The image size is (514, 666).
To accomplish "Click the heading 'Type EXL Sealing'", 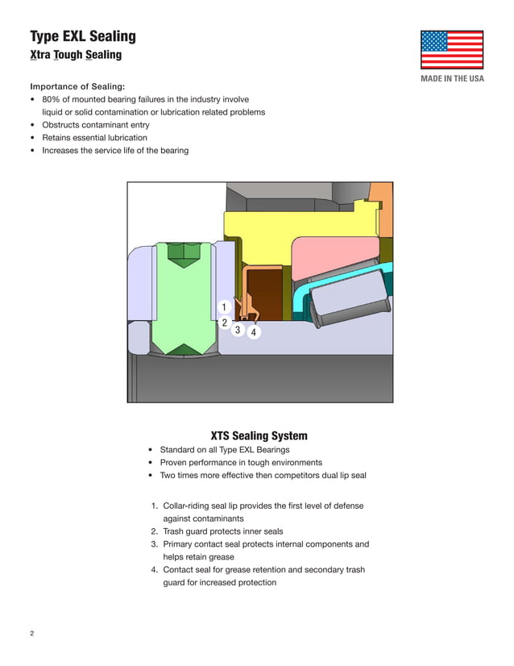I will (x=82, y=36).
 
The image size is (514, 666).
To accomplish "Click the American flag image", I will (x=451, y=50).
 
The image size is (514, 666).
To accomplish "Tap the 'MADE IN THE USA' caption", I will (x=452, y=78).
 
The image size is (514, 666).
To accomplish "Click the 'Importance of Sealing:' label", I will (x=77, y=86).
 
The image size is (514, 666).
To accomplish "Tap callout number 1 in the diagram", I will (x=224, y=307).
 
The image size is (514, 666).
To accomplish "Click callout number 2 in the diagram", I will (x=224, y=323).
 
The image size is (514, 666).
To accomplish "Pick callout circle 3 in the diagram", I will (x=238, y=330).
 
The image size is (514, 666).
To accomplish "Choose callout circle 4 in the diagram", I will (x=253, y=332).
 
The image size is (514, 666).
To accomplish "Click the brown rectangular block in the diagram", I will (x=265, y=294).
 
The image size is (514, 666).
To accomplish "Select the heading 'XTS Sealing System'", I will (x=259, y=436).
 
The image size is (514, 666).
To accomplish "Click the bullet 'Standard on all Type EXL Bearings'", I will (x=224, y=450).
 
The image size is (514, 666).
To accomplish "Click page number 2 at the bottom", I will (x=32, y=633).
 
